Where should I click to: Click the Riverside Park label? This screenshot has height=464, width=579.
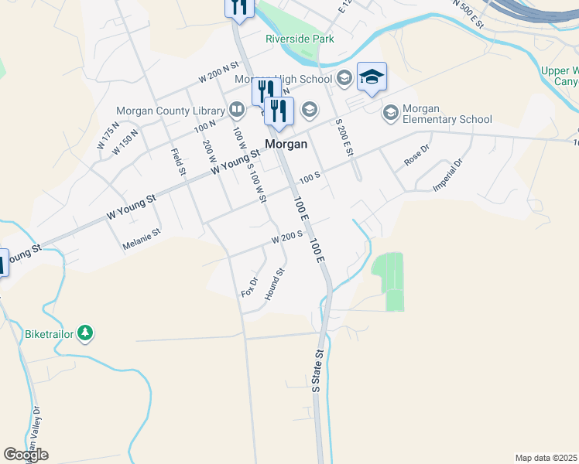[300, 39]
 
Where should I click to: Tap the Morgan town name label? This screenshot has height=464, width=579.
[286, 144]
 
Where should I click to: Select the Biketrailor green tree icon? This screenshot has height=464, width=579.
[85, 334]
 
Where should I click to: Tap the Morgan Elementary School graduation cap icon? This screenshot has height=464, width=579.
[391, 114]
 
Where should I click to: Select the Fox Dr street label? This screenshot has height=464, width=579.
[249, 288]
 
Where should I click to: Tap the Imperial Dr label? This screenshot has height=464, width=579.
[447, 176]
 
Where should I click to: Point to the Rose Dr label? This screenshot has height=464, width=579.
[416, 155]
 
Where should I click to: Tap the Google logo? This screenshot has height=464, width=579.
[26, 455]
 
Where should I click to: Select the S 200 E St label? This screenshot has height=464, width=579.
[344, 138]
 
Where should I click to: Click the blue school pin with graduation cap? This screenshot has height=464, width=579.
[372, 77]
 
